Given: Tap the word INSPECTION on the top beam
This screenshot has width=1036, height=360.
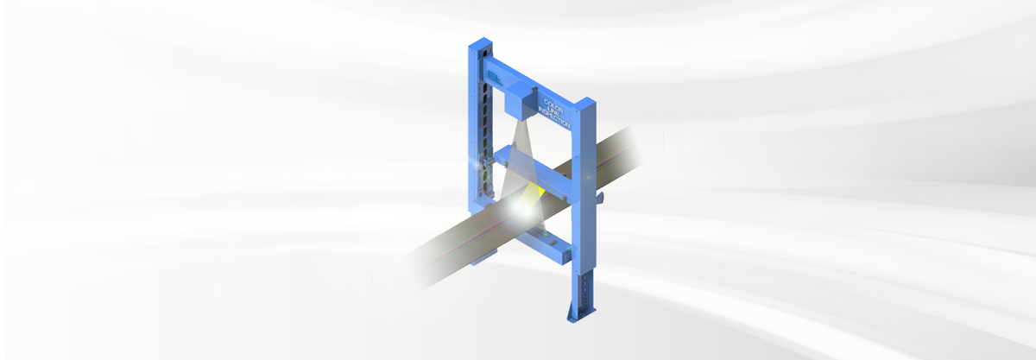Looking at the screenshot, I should (553, 114).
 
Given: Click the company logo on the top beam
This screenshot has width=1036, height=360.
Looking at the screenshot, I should (494, 77).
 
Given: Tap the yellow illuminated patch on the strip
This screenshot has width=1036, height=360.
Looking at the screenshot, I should (536, 190).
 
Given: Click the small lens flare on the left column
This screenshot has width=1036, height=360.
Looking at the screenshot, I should (472, 161).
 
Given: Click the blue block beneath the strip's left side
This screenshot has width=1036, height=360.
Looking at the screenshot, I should (485, 254).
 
